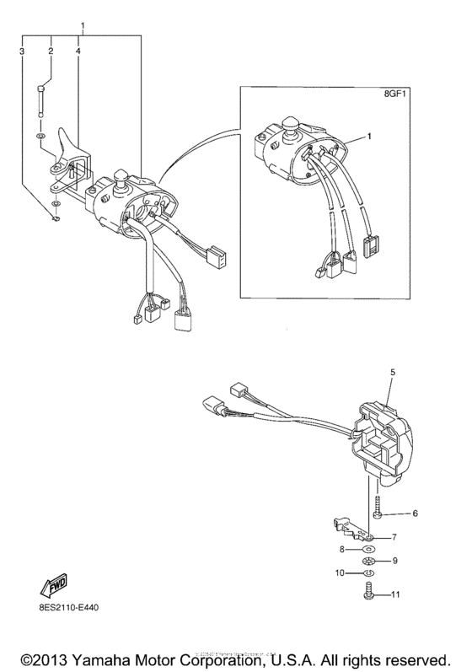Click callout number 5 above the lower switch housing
tap(391, 371)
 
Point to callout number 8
tap(342, 548)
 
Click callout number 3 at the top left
tap(22, 51)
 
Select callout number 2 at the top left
tap(51, 51)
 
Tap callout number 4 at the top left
tap(78, 51)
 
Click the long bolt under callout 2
tap(42, 99)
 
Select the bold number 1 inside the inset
tap(369, 136)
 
